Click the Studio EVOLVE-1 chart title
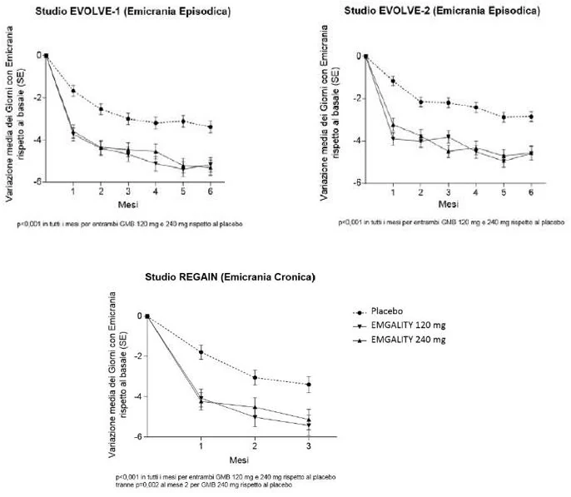(x=133, y=12)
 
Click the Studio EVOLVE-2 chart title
(x=442, y=11)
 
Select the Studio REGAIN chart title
(x=230, y=277)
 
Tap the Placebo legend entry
(x=387, y=311)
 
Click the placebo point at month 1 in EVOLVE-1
(x=73, y=91)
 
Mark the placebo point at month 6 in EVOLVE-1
(x=211, y=127)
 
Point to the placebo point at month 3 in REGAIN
(x=309, y=385)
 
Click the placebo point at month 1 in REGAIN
(x=201, y=352)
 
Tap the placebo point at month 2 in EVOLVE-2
(x=420, y=102)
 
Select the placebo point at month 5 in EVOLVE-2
(x=504, y=117)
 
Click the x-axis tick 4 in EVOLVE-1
(x=156, y=191)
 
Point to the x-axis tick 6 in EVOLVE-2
(x=531, y=192)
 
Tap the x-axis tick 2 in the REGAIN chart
(x=255, y=446)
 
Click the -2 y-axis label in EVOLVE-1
(x=38, y=97)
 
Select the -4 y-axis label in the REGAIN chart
(x=140, y=396)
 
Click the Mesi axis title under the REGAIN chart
(x=239, y=460)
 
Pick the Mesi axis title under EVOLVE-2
(x=449, y=204)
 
